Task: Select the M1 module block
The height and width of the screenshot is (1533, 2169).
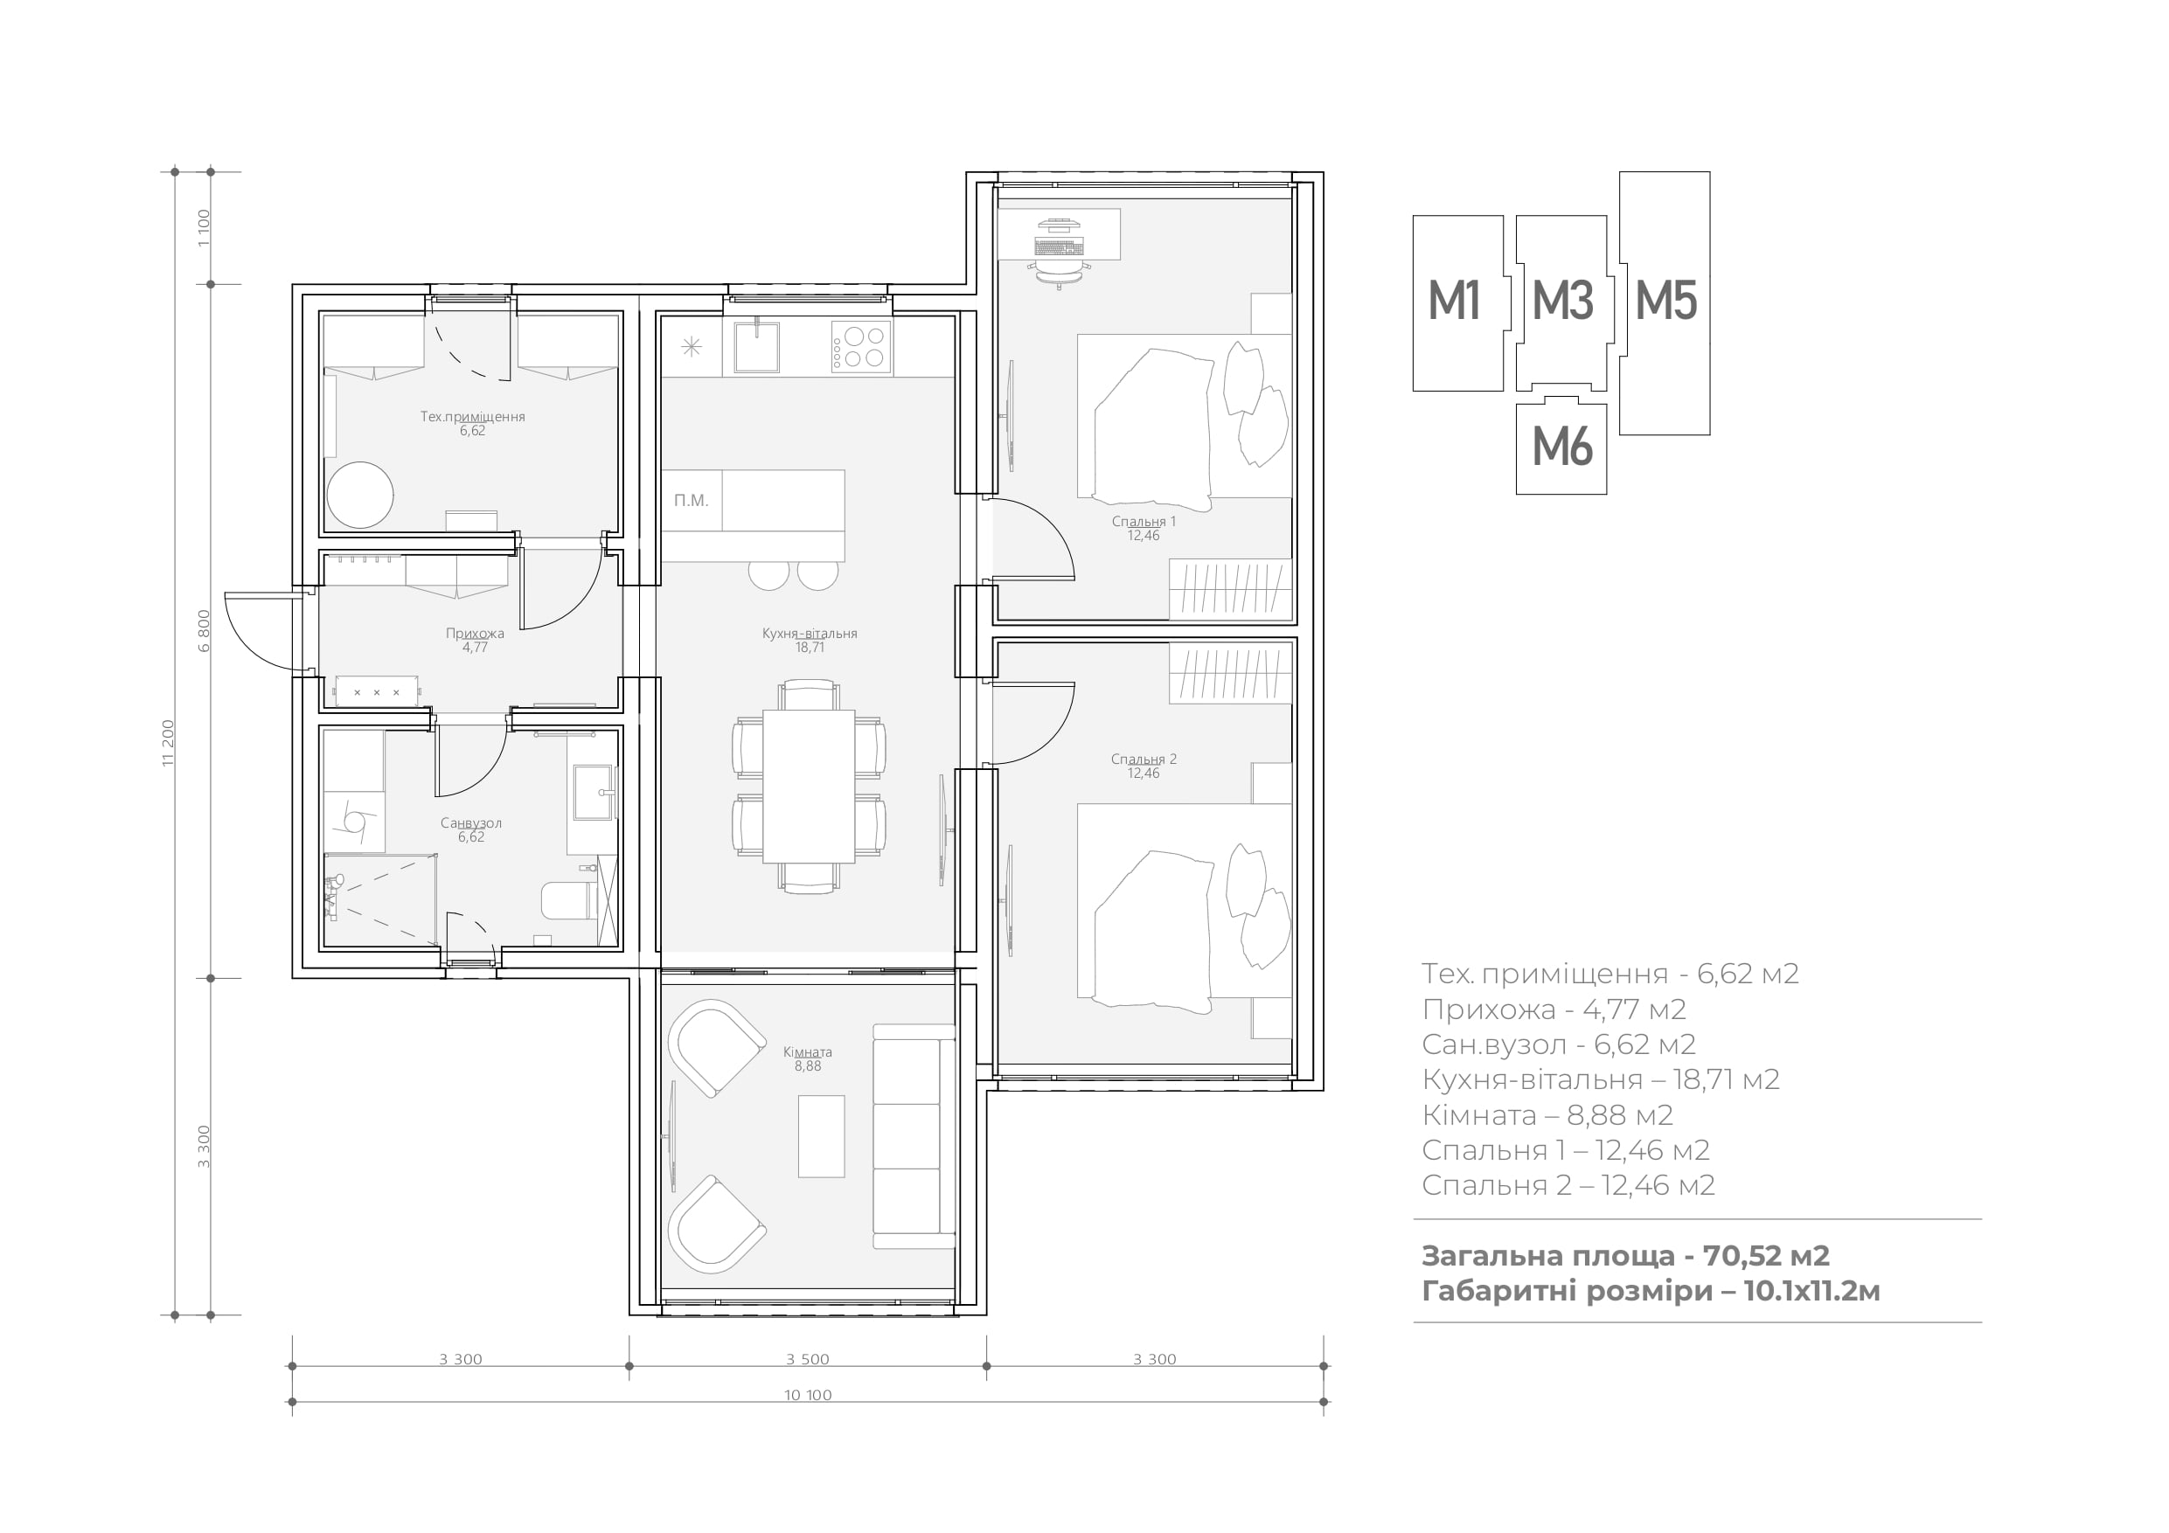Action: pyautogui.click(x=1457, y=303)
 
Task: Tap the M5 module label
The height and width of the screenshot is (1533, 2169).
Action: pyautogui.click(x=1665, y=302)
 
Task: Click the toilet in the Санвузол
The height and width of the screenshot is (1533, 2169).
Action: pyautogui.click(x=566, y=900)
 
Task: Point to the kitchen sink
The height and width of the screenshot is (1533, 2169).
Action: pyautogui.click(x=758, y=347)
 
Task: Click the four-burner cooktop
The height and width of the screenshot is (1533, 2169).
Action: pyautogui.click(x=860, y=347)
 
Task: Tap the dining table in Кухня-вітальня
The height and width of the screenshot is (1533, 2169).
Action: pyautogui.click(x=809, y=786)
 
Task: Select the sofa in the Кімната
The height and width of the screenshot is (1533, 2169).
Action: pyautogui.click(x=914, y=1136)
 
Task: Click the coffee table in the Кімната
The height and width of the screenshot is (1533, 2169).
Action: pyautogui.click(x=821, y=1136)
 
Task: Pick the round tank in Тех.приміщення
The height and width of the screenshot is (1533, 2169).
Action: pyautogui.click(x=360, y=494)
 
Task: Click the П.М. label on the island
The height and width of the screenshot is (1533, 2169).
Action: pyautogui.click(x=691, y=501)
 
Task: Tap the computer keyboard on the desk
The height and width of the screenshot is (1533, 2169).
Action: pyautogui.click(x=1058, y=246)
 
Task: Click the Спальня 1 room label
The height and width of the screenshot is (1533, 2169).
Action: pyautogui.click(x=1143, y=522)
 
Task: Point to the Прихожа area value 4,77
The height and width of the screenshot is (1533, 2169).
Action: pyautogui.click(x=474, y=648)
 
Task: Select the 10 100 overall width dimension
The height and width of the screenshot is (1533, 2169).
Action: pyautogui.click(x=808, y=1395)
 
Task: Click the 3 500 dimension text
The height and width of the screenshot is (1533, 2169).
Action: pyautogui.click(x=808, y=1359)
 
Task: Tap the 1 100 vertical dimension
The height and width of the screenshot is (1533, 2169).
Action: pyautogui.click(x=204, y=227)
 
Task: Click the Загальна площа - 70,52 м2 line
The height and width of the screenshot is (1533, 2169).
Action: pyautogui.click(x=1625, y=1255)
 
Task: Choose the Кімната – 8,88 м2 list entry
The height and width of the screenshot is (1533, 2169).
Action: pyautogui.click(x=1547, y=1115)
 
